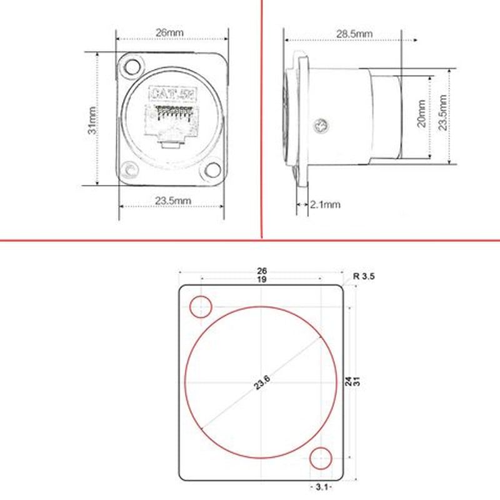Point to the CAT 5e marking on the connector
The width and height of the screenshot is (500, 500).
coord(170,95)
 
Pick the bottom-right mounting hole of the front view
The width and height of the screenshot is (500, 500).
coord(213,169)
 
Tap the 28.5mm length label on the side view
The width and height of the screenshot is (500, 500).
coord(354,33)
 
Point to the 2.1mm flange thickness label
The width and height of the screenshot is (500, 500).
coord(325,204)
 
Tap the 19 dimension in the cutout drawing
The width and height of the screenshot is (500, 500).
coord(261,280)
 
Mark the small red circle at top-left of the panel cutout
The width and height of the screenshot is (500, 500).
coord(201,306)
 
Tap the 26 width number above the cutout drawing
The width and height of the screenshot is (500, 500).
coord(261,271)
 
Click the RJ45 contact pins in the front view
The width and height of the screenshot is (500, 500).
coord(171,113)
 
